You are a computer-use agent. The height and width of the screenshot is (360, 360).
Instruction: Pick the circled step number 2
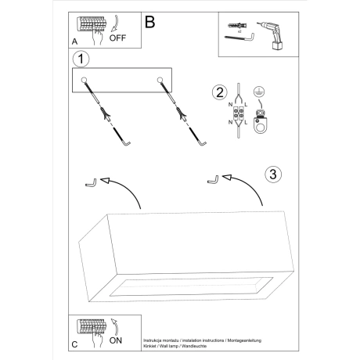(219, 93)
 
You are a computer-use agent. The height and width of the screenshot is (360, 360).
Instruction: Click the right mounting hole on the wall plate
(160, 78)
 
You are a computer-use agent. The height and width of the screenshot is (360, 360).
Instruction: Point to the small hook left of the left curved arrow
(89, 183)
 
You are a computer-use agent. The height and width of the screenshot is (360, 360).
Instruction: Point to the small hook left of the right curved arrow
(213, 181)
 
